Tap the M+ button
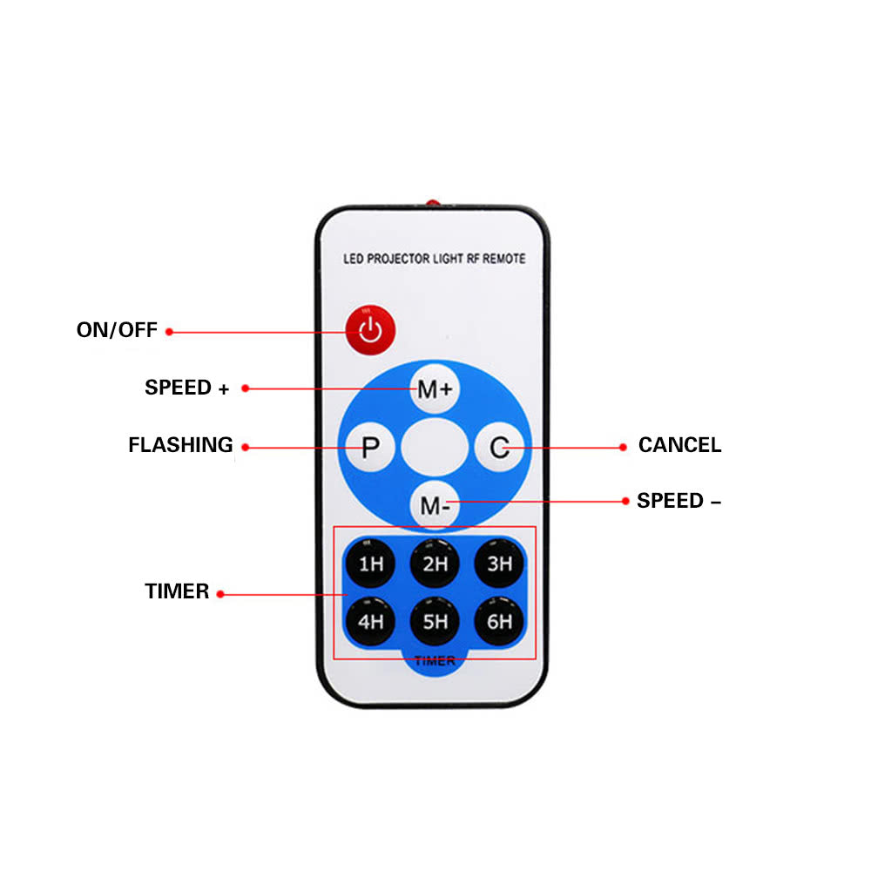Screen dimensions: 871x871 point(435,388)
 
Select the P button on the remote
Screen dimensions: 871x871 point(370,447)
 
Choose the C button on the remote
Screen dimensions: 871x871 point(499,447)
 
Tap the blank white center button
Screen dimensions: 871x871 point(435,447)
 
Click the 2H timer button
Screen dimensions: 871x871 point(435,564)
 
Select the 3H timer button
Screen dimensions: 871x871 point(499,564)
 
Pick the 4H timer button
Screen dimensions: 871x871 point(370,621)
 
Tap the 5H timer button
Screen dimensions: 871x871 point(435,621)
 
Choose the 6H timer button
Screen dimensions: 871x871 point(499,621)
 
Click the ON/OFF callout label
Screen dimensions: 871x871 point(117,330)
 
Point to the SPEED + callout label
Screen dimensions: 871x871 point(186,388)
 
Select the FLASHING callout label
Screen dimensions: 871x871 point(180,445)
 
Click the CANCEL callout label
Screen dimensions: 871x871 point(680,445)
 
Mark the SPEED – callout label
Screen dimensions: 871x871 point(679,501)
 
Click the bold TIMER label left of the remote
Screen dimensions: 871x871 point(177,591)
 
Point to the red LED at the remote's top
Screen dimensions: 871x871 point(433,203)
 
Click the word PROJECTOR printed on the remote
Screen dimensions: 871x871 point(398,259)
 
